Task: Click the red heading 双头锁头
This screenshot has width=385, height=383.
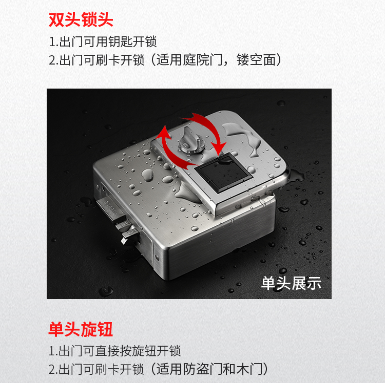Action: point(81,19)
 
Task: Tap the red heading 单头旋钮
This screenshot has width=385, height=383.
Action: point(81,329)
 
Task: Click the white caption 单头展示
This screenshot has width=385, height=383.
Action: point(291,283)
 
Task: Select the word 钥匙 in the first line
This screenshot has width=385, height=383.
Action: point(120,41)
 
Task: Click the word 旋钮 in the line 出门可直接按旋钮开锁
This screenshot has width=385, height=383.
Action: point(144,351)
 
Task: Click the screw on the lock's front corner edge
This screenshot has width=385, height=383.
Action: point(157,257)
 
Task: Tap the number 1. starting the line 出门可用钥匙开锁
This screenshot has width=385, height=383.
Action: point(53,42)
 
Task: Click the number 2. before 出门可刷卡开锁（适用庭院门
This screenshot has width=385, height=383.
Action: point(53,60)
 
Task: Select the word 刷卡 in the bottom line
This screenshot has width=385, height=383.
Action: point(108,369)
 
